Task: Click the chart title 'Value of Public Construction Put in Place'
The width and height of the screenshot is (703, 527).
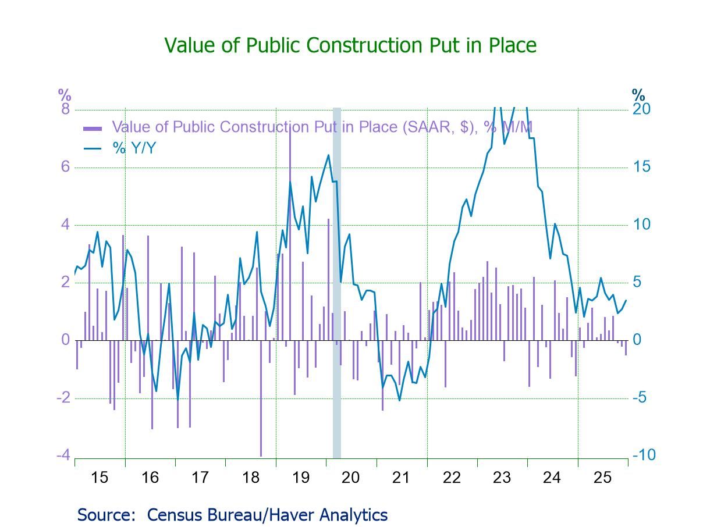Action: point(350,45)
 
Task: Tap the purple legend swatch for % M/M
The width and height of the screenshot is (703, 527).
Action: point(93,128)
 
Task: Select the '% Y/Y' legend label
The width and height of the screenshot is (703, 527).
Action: point(135,148)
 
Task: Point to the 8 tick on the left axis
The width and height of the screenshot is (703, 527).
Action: point(65,109)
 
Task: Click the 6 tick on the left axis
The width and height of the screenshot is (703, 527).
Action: point(65,167)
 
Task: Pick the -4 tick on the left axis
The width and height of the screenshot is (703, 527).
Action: point(63,455)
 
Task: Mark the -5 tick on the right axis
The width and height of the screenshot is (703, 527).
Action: point(642,397)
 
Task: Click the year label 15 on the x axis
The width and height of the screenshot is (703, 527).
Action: point(100,478)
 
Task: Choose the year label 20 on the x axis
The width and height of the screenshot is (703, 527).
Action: point(351,478)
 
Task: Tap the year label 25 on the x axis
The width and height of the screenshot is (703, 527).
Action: point(602,478)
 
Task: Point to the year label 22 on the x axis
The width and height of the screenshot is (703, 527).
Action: point(452,478)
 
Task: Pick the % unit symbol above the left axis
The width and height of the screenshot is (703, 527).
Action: point(64,94)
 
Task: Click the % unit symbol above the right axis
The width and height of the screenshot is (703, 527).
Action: point(638,94)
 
